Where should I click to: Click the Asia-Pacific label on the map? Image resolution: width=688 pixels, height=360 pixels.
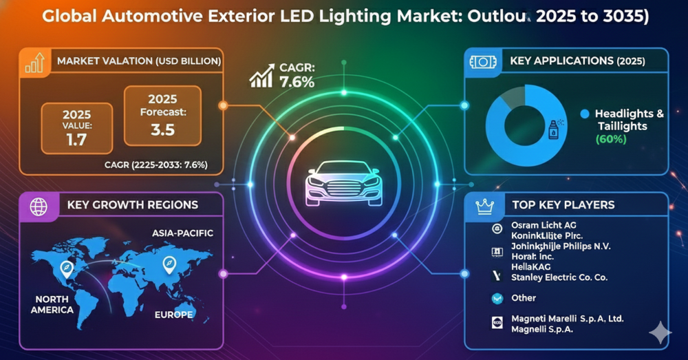pos(182,233)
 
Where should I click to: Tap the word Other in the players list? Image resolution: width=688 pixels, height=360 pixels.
pos(524,298)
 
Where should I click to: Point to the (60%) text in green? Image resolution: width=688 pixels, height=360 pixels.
pos(610,139)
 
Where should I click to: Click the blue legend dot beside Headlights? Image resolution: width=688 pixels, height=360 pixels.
pos(585,114)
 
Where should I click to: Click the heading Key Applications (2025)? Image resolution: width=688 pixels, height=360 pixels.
pos(577,61)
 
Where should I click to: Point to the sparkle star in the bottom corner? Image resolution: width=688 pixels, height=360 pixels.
pos(660,334)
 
